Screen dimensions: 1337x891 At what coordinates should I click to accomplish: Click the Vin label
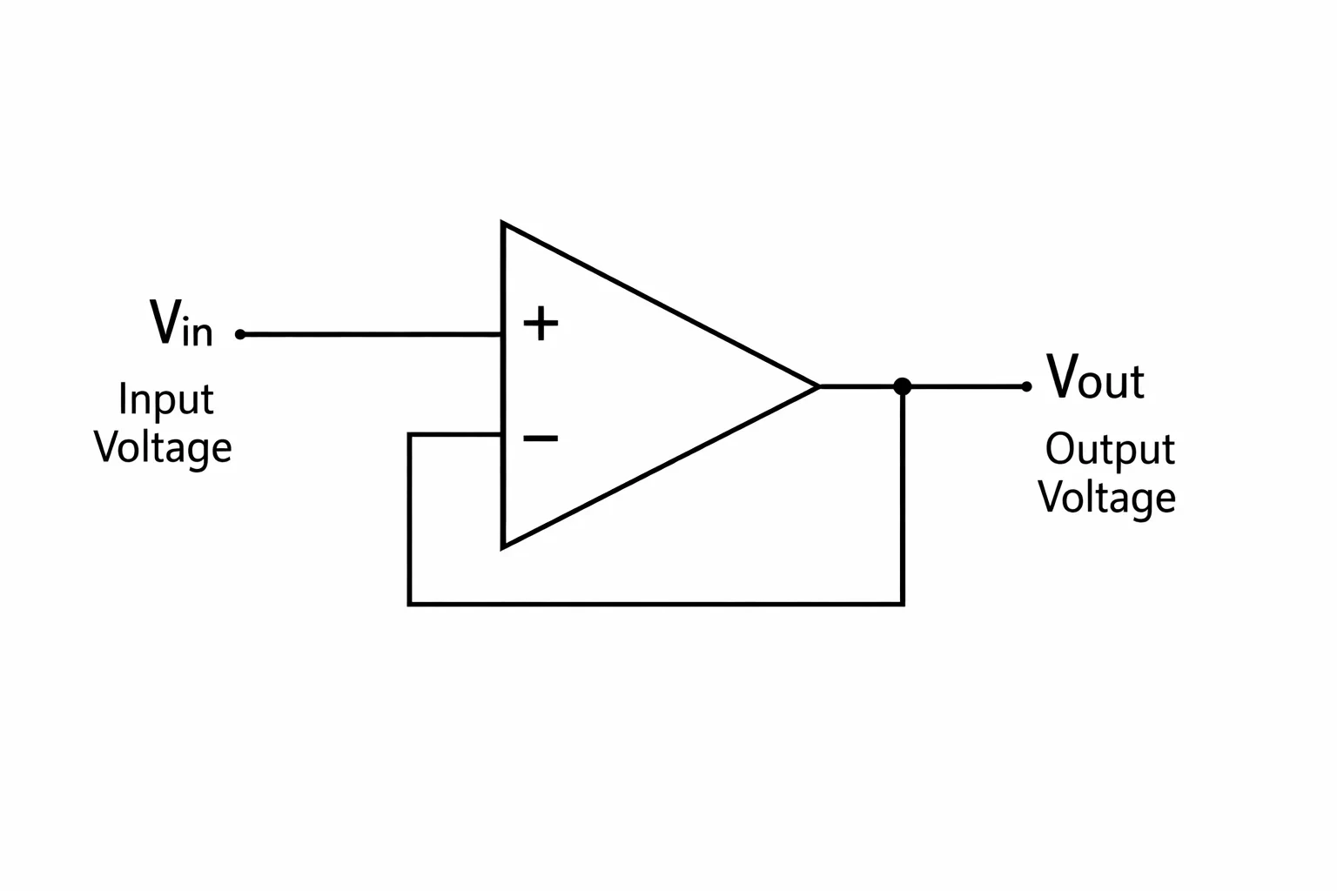coord(181,322)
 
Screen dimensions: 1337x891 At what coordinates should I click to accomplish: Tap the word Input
coord(166,399)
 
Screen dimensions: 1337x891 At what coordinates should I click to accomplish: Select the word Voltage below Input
coord(163,447)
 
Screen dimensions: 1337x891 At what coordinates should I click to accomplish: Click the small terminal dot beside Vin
coord(240,334)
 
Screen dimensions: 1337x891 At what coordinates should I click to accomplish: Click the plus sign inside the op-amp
coord(541,324)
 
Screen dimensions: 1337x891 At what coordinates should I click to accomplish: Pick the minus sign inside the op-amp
coord(541,439)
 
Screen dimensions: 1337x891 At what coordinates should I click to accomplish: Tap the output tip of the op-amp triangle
coord(817,386)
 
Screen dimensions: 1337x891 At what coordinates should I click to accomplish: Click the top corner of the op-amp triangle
coord(502,224)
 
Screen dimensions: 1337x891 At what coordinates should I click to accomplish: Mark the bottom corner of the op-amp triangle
coord(502,547)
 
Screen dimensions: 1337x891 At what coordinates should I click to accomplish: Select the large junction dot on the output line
coord(903,386)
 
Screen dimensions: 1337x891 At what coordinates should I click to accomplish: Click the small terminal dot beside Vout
coord(1026,386)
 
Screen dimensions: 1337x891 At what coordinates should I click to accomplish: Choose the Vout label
coord(1096,376)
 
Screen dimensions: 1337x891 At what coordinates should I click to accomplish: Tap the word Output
coord(1110,449)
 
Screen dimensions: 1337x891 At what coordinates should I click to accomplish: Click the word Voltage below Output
coord(1107,498)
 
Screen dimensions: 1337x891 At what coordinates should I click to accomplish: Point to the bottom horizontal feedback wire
coord(656,604)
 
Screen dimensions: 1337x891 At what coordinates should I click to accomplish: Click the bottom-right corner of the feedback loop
coord(903,604)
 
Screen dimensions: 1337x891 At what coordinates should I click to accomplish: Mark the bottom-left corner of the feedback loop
coord(410,604)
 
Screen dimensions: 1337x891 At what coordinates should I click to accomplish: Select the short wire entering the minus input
coord(455,434)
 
